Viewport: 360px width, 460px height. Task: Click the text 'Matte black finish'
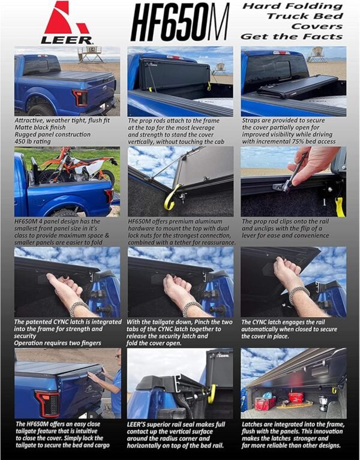point(37,128)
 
